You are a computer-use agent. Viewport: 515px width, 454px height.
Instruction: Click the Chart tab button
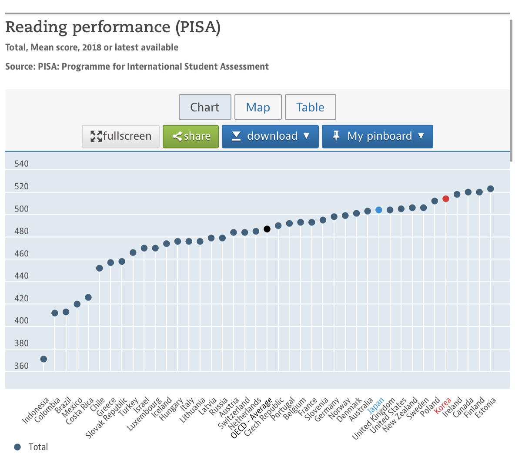point(205,107)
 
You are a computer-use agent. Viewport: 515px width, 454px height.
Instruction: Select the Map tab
point(258,107)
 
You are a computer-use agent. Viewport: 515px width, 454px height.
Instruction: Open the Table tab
point(310,107)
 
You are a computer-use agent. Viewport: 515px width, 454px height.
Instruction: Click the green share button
point(191,136)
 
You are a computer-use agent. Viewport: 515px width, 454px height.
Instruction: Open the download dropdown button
point(270,136)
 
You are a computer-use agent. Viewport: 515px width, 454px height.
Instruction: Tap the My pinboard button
point(377,136)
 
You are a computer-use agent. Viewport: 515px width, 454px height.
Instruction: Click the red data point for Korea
point(446,199)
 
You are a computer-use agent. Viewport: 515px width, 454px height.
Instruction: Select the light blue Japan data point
point(379,210)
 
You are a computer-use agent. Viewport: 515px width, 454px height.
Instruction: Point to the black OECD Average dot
point(267,229)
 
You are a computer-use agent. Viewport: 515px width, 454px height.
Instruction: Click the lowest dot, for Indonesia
point(43,359)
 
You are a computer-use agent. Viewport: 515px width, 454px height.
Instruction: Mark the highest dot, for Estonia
point(491,189)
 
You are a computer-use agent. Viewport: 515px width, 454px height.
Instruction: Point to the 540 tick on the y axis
point(21,164)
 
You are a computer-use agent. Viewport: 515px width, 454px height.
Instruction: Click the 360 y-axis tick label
point(21,366)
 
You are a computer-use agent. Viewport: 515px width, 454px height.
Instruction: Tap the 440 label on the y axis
point(21,276)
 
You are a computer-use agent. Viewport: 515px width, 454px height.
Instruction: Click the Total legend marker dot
point(17,447)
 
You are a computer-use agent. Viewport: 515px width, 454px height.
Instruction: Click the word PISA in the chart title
point(198,27)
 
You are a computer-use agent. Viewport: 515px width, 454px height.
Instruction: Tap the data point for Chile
point(100,268)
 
